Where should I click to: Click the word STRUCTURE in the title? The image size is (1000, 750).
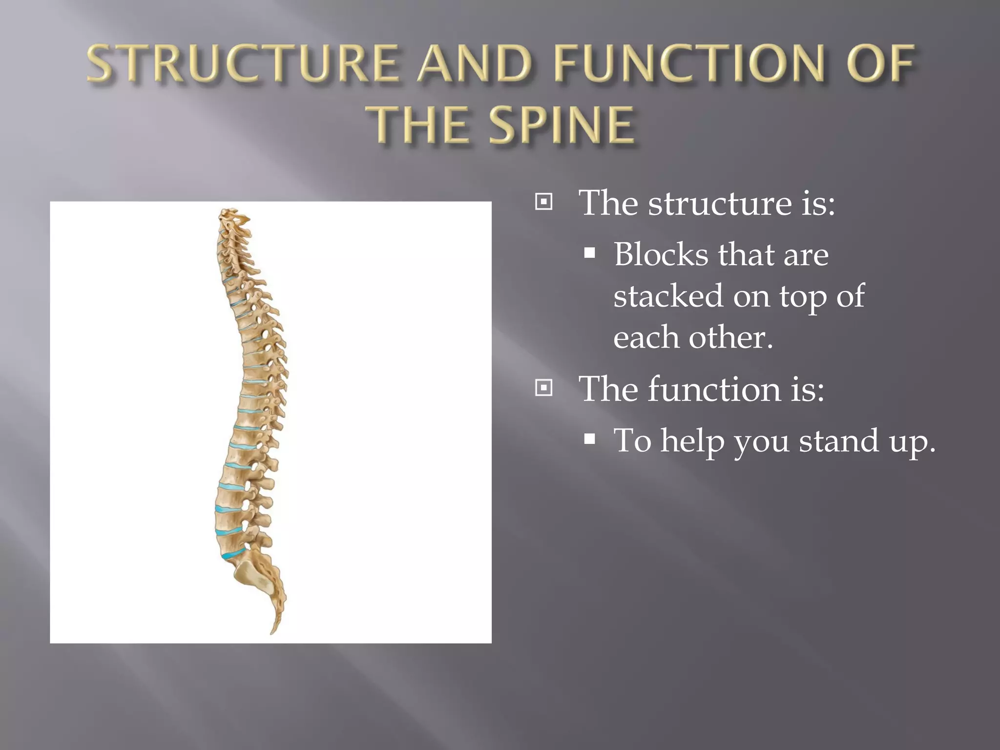[242, 63]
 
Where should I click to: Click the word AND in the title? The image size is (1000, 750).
[473, 63]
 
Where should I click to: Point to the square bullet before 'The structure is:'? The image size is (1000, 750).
[543, 202]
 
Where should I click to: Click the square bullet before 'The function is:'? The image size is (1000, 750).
[543, 388]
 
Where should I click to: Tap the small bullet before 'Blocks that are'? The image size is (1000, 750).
[590, 253]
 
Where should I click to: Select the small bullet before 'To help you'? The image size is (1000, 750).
[590, 439]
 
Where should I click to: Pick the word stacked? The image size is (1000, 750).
[667, 296]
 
